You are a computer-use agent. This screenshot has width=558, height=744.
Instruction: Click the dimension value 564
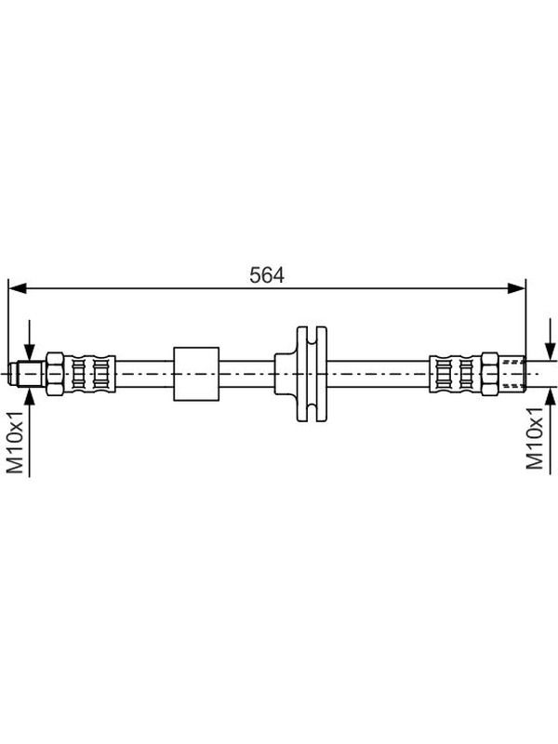point(267,275)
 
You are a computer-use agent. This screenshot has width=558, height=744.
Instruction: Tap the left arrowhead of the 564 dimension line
point(18,288)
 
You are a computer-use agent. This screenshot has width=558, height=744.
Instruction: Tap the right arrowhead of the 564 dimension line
point(516,288)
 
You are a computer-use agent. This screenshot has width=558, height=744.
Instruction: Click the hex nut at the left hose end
point(55,374)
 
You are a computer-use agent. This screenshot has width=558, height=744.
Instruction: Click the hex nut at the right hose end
point(490,374)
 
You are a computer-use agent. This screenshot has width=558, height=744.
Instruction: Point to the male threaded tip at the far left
point(28,374)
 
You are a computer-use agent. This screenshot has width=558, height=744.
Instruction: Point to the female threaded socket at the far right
point(512,374)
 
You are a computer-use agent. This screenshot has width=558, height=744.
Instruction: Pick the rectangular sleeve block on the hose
point(196,374)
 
